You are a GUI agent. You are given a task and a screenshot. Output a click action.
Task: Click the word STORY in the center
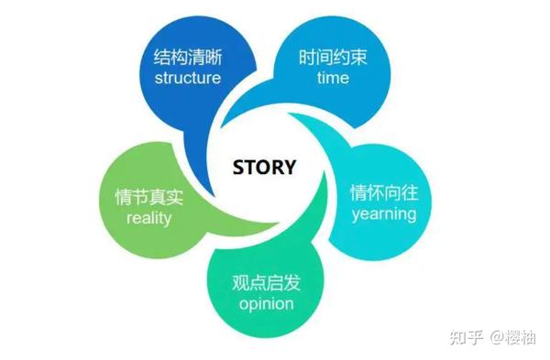pyautogui.click(x=265, y=168)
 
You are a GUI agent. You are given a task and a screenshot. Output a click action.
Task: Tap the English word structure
pyautogui.click(x=187, y=78)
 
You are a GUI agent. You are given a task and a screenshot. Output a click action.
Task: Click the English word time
pyautogui.click(x=333, y=78)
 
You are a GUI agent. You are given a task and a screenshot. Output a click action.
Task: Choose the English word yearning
pyautogui.click(x=383, y=214)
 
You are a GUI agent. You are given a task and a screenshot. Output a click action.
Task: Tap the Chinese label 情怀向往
pyautogui.click(x=383, y=194)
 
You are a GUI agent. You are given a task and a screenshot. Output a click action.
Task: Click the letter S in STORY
pyautogui.click(x=239, y=168)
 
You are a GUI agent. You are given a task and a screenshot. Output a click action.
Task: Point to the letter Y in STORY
pyautogui.click(x=291, y=168)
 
